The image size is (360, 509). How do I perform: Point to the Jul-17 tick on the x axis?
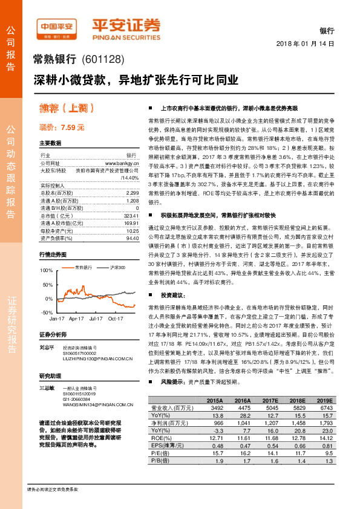(x=96, y=317)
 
